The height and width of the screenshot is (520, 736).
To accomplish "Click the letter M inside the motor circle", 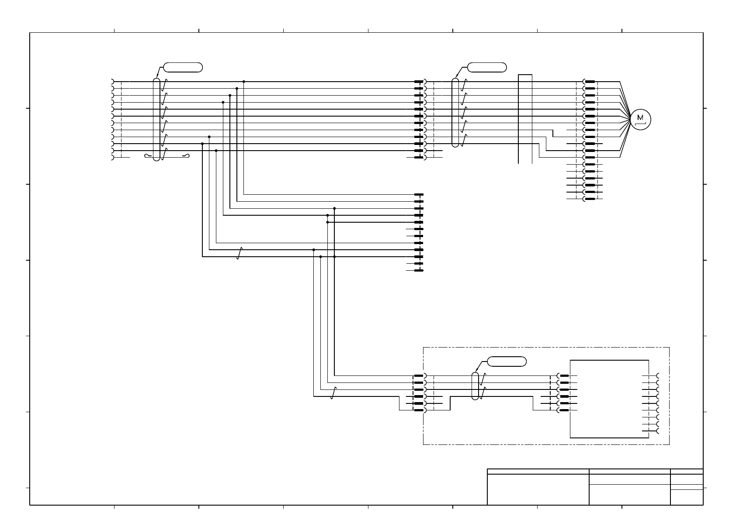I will pyautogui.click(x=640, y=117).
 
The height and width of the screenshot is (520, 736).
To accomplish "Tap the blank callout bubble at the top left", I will pyautogui.click(x=183, y=67).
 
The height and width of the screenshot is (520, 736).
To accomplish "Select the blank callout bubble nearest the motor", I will pyautogui.click(x=487, y=67).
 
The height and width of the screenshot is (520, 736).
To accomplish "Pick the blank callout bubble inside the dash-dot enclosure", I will pyautogui.click(x=507, y=362).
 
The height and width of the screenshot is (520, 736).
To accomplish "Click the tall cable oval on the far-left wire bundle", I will pyautogui.click(x=156, y=119).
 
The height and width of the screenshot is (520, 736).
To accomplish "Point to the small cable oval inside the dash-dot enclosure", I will pyautogui.click(x=476, y=386).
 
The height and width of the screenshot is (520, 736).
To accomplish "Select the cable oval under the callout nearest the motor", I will pyautogui.click(x=455, y=113).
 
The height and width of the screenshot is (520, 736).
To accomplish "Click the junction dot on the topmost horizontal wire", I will pyautogui.click(x=243, y=82).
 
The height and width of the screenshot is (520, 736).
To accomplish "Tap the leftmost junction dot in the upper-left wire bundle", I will pyautogui.click(x=202, y=144).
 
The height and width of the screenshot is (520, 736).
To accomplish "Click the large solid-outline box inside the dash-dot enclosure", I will pyautogui.click(x=609, y=399).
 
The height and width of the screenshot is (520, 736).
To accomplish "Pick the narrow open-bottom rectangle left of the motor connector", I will pyautogui.click(x=525, y=119).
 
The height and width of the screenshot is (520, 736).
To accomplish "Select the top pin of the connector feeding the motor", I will pyautogui.click(x=589, y=82).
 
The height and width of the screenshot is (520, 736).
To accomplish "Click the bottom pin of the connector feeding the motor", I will pyautogui.click(x=589, y=199).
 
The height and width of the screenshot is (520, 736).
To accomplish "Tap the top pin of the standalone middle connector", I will pyautogui.click(x=419, y=194).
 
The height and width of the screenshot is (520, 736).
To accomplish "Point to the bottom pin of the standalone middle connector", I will pyautogui.click(x=419, y=271).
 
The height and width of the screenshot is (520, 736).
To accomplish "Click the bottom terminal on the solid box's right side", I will pyautogui.click(x=657, y=431).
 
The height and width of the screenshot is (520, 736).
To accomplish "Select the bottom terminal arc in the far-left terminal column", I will pyautogui.click(x=113, y=158).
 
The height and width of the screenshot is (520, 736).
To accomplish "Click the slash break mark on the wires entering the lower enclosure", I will pyautogui.click(x=333, y=393).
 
